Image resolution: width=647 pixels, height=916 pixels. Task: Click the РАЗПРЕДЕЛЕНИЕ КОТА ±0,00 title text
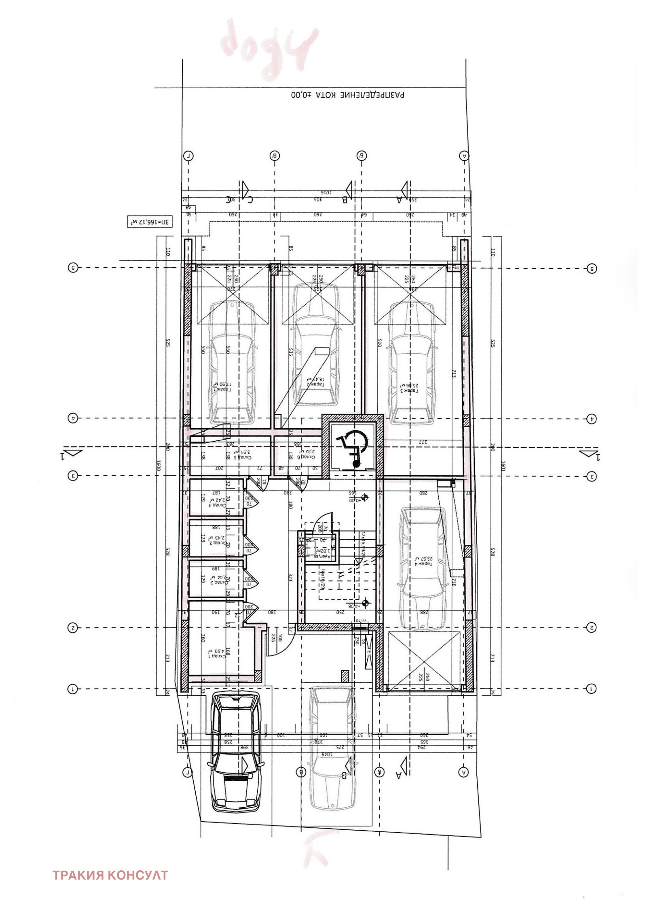tap(347, 96)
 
